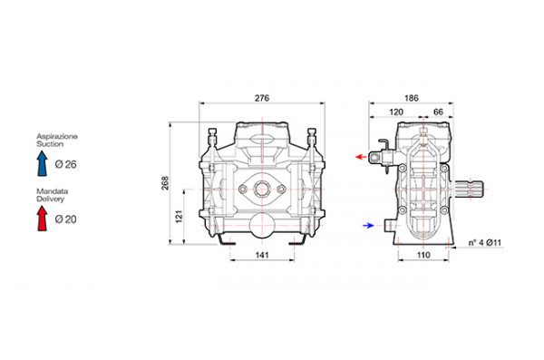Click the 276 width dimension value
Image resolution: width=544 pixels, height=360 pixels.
(262, 98)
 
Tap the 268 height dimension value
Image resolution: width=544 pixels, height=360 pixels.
(166, 183)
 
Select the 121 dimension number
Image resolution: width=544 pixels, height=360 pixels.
(179, 217)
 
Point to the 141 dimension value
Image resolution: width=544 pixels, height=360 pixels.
(262, 255)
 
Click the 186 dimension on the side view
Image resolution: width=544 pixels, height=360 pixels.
(411, 98)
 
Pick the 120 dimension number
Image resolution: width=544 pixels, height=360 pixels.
(396, 112)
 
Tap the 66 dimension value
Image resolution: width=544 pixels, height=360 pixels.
(439, 112)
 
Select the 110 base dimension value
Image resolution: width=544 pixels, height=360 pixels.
(423, 255)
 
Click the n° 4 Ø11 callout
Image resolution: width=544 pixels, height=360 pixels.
(485, 243)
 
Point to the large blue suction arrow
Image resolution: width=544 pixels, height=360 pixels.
(43, 163)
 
